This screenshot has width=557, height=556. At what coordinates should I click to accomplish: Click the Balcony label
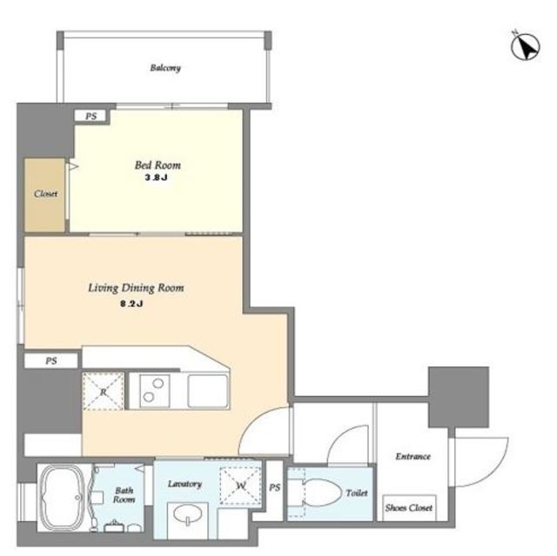[165, 68]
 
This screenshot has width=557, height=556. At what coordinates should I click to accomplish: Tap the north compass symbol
[526, 46]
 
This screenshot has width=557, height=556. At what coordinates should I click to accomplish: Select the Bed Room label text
[158, 165]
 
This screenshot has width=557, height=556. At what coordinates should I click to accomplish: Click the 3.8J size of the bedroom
[156, 178]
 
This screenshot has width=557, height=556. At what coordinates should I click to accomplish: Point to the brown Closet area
[44, 195]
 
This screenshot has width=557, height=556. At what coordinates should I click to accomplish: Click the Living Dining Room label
[136, 288]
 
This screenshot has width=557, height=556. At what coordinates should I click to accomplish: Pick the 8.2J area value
[131, 304]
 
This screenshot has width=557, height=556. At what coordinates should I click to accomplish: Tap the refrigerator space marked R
[103, 392]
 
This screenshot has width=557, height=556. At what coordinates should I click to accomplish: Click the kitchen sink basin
[208, 391]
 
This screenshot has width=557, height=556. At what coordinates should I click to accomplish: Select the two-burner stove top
[155, 391]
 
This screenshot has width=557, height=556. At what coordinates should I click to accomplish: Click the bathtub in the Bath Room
[64, 498]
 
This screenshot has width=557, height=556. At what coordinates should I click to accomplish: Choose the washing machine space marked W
[240, 486]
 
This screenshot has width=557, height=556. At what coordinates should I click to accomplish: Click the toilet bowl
[320, 493]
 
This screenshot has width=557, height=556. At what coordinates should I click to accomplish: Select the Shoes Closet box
[409, 508]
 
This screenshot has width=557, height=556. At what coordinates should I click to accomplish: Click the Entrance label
[413, 456]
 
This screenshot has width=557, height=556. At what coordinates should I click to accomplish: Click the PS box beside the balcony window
[91, 116]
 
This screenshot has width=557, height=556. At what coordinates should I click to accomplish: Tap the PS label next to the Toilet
[274, 488]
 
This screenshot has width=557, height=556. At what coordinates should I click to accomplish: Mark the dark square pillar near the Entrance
[459, 397]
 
